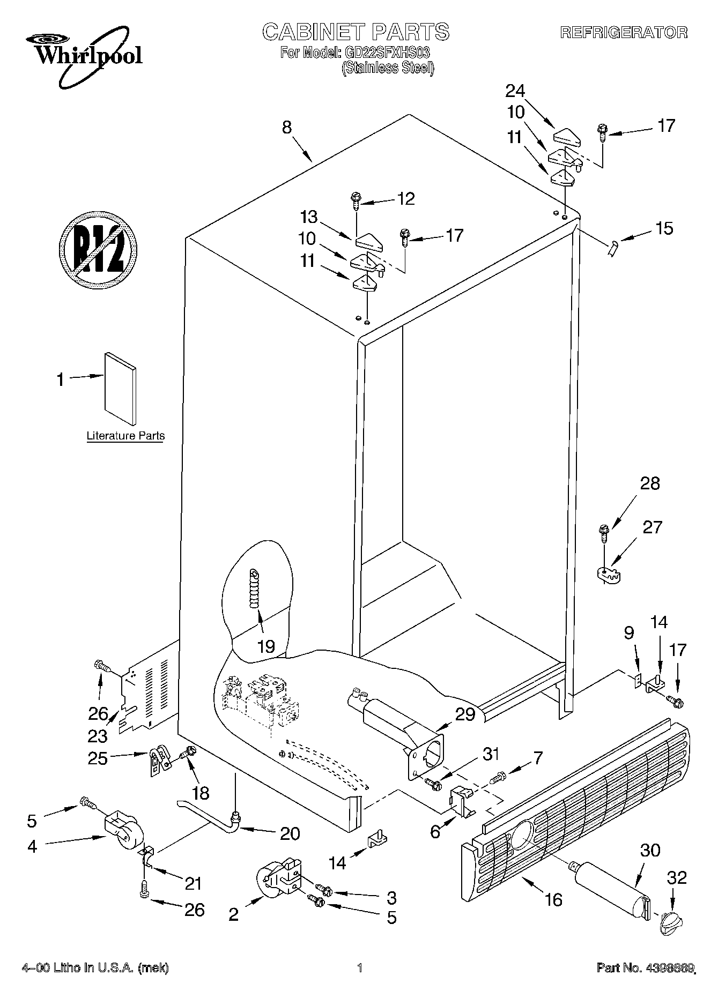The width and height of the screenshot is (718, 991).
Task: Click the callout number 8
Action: pyautogui.click(x=287, y=128)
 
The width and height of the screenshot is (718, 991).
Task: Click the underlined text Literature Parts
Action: pyautogui.click(x=126, y=436)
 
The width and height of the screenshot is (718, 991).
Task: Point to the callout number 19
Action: pyautogui.click(x=266, y=646)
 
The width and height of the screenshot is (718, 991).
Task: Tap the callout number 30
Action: pyautogui.click(x=650, y=851)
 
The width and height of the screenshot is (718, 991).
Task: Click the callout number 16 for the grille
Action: pyautogui.click(x=553, y=899)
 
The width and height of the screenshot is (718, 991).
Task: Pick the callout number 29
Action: pyautogui.click(x=465, y=714)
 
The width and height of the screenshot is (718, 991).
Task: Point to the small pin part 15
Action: pyautogui.click(x=612, y=249)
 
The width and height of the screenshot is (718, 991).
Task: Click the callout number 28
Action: pyautogui.click(x=650, y=483)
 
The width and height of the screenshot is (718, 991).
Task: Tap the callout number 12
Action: pyautogui.click(x=405, y=199)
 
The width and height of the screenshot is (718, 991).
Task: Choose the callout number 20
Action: pyautogui.click(x=290, y=833)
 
